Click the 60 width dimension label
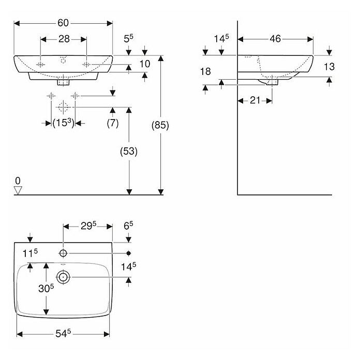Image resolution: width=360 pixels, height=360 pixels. click(63, 23)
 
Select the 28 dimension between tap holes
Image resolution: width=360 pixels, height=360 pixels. click(64, 39)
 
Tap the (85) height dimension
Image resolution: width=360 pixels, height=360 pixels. click(160, 125)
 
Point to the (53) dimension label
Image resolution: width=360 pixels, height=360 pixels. click(129, 152)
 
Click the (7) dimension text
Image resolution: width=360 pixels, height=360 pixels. click(113, 123)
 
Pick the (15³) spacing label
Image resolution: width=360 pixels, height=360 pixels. click(64, 123)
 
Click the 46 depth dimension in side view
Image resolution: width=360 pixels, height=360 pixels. click(275, 39)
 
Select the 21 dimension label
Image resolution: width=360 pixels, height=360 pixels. click(255, 100)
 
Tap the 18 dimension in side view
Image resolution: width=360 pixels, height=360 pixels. click(205, 71)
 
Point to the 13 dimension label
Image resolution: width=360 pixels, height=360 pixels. click(329, 67)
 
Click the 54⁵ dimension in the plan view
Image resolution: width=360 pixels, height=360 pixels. click(63, 334)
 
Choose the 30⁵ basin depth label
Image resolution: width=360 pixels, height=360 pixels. click(46, 289)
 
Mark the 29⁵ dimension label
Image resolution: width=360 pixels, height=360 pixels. click(88, 226)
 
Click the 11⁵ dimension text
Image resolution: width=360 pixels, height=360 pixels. click(30, 253)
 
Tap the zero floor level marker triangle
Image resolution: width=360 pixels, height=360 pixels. click(18, 190)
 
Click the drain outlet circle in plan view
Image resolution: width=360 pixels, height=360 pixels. click(63, 277)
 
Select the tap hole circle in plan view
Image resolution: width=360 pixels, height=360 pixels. click(63, 253)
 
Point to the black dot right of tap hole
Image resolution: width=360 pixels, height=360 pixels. click(129, 253)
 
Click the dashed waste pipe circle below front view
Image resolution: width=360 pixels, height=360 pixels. click(63, 107)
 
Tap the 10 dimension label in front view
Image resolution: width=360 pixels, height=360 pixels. click(145, 64)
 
